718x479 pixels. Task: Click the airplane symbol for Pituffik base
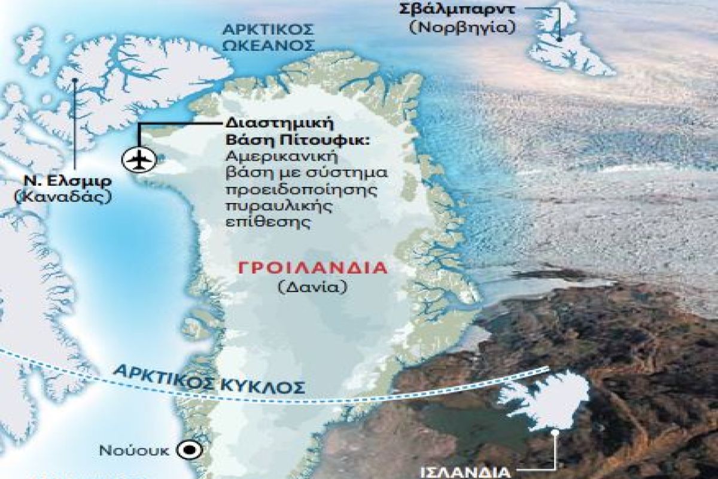point(138,159)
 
